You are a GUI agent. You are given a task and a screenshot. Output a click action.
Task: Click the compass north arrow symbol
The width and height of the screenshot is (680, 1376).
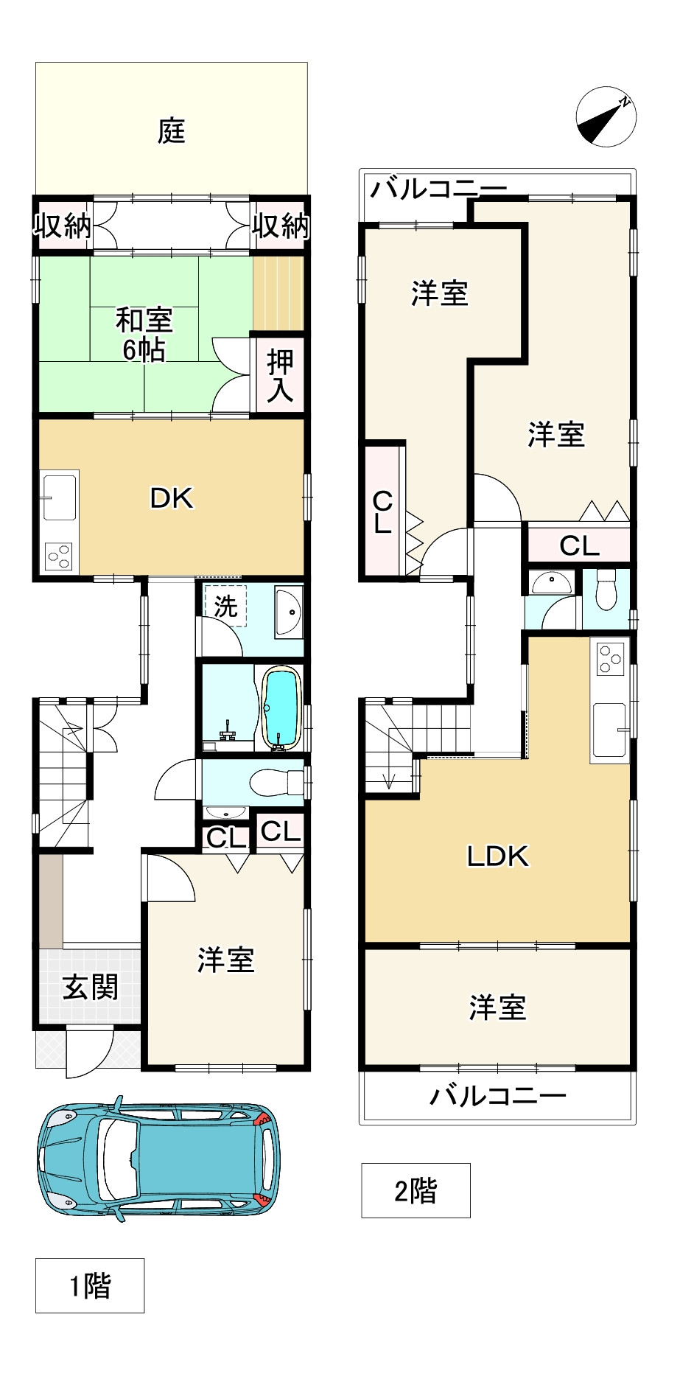pos(606,116)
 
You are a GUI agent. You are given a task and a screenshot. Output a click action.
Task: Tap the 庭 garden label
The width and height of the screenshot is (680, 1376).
pos(171,131)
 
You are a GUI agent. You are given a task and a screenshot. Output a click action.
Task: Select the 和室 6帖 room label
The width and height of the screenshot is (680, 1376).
pos(144,334)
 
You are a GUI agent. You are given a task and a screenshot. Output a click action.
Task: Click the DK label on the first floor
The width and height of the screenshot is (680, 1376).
pos(172,499)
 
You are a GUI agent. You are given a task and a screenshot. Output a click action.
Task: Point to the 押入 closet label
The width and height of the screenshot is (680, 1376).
pos(280,376)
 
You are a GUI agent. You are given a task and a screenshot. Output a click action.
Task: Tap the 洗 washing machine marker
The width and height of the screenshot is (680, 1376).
pos(225,606)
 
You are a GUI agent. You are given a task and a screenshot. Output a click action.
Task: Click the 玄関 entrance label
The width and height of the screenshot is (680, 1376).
pos(90,987)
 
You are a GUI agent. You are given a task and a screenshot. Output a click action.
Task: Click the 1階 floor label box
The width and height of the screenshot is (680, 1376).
pos(90,1286)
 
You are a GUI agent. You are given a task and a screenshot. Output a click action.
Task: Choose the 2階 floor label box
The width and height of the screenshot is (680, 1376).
pos(416,1190)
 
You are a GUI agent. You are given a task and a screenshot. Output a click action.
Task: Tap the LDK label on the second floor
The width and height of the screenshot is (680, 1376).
pos(498,856)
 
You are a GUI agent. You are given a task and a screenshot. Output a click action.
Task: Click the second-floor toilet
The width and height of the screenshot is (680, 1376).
pos(606,590)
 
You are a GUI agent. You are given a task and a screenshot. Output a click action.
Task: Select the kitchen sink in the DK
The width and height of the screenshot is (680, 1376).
pos(59,496)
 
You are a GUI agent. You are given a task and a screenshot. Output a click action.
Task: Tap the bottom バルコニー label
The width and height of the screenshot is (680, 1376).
pos(498,1096)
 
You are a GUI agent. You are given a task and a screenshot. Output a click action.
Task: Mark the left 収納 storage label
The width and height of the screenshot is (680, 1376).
pos(63,226)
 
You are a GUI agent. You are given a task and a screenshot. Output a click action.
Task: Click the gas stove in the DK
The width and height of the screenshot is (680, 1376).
pos(59,556)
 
